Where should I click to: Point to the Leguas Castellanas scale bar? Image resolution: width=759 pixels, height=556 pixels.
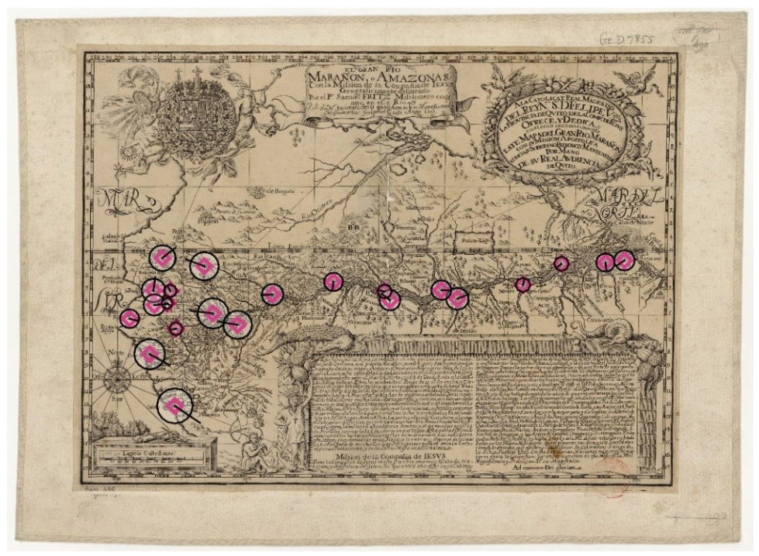[x=152, y=457]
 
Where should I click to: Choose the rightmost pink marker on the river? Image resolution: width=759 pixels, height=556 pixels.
[x=624, y=260]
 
